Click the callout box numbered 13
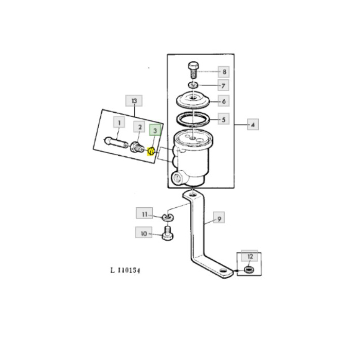point(134,101)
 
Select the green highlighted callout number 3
point(155,131)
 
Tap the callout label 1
point(119,122)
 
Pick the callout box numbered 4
point(253,124)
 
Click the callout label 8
point(224,72)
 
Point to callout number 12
point(249,256)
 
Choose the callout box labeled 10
point(143,233)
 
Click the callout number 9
point(219,219)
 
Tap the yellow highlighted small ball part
point(151,151)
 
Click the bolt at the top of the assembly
point(193,70)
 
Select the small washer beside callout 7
point(194,85)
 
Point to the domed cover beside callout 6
point(193,100)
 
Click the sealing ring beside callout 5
point(193,119)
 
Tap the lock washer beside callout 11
point(168,218)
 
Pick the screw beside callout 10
point(168,233)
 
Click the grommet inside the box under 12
point(249,269)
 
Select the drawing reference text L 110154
point(125,270)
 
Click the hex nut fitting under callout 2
point(137,148)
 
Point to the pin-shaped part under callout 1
point(116,143)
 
